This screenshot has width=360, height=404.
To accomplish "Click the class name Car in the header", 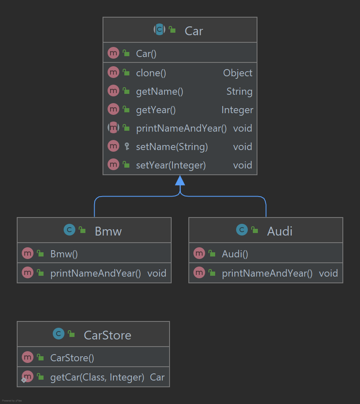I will click(194, 31).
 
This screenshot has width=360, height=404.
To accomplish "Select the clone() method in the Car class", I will click(151, 73).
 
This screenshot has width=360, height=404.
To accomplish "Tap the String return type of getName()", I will click(239, 91).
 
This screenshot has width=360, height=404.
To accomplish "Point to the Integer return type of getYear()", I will click(237, 110).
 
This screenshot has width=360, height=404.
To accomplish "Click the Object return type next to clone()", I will click(237, 73).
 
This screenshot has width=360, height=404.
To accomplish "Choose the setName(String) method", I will click(172, 147).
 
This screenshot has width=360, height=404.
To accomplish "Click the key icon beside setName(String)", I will click(127, 146).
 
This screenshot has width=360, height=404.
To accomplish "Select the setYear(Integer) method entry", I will click(171, 165).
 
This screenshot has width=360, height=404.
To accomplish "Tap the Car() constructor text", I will click(146, 54).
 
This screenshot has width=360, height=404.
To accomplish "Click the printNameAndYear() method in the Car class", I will click(181, 128).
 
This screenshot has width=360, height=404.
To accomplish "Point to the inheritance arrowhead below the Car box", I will click(180, 181).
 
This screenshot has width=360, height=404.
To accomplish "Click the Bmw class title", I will click(108, 231).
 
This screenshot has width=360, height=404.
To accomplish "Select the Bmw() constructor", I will click(64, 254).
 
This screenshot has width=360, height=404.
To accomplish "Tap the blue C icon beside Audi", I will click(242, 230).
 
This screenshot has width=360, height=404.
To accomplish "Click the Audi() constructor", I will click(235, 254).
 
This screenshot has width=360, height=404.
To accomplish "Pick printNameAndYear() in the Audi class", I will click(267, 273).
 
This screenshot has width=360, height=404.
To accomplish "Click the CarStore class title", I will click(107, 335).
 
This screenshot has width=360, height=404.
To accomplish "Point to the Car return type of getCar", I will click(157, 377).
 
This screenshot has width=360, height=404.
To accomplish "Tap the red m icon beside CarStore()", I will click(28, 357).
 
